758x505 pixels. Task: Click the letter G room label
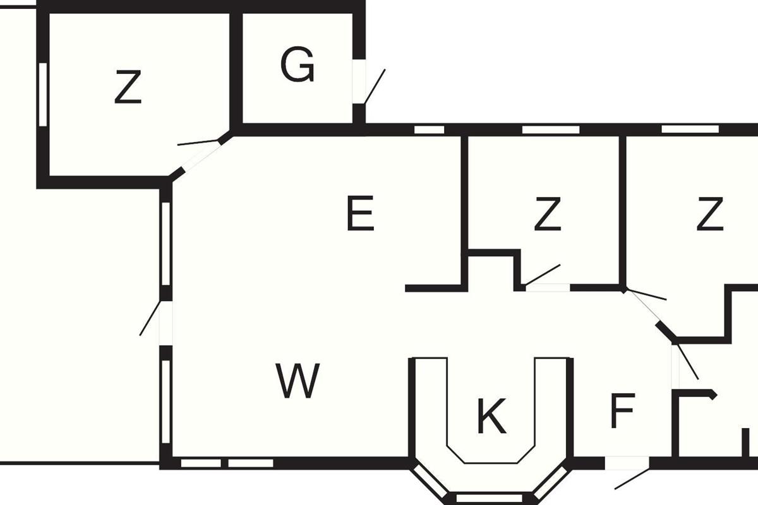[297, 66]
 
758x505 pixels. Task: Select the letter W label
[298, 381]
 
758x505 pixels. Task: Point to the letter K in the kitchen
[491, 417]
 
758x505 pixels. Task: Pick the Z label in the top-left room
[128, 88]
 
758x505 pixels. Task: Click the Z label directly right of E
[547, 214]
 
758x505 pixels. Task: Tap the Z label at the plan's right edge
[709, 214]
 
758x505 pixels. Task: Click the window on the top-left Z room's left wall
[42, 95]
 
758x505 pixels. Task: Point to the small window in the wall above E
[430, 129]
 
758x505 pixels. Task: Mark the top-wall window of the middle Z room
[551, 129]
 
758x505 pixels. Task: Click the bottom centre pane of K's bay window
[489, 498]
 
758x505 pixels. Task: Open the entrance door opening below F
[627, 463]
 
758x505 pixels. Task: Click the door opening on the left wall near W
[165, 323]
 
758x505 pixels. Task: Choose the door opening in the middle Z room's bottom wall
[548, 288]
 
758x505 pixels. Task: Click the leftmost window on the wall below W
[201, 463]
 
